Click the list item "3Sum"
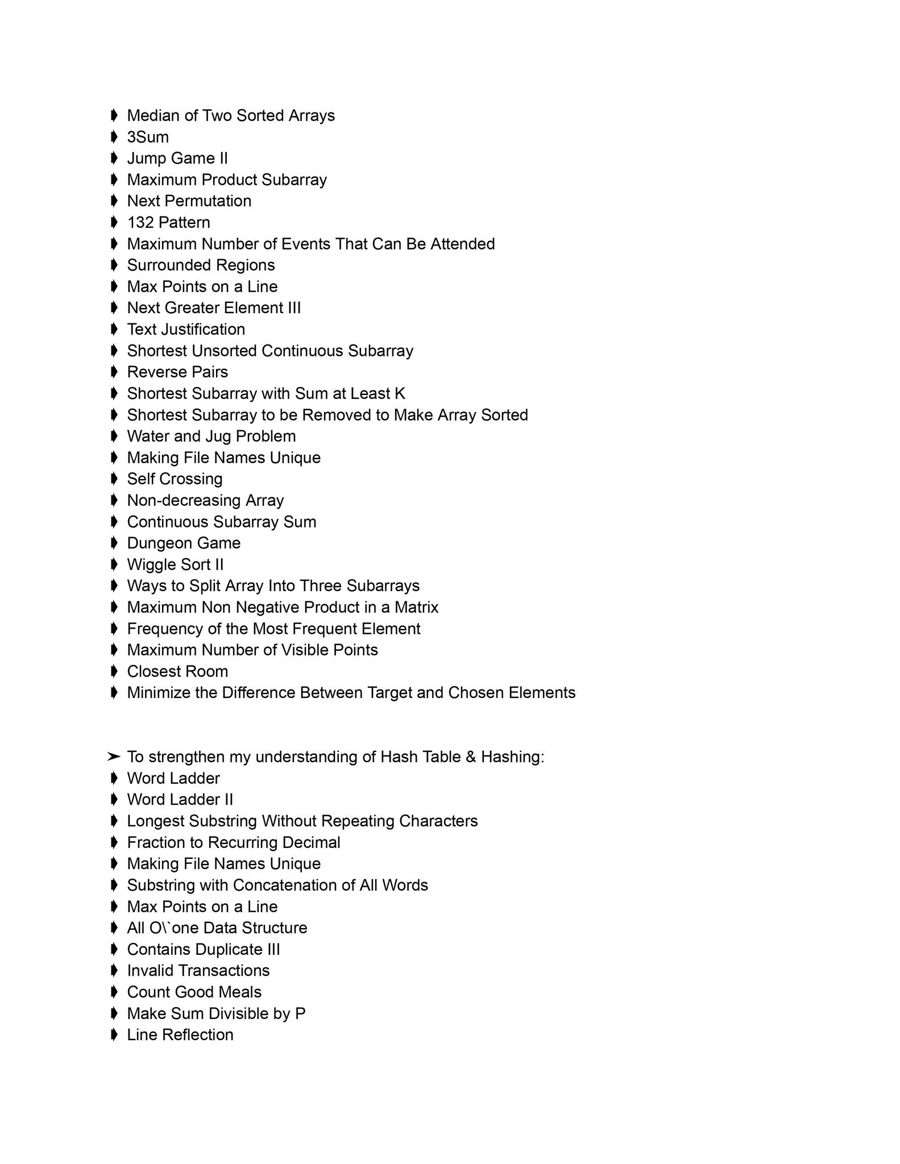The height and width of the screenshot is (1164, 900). pyautogui.click(x=148, y=137)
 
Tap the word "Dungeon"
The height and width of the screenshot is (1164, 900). pyautogui.click(x=160, y=543)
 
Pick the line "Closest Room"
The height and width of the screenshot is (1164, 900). pyautogui.click(x=177, y=671)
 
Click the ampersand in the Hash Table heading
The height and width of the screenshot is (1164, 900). pyautogui.click(x=471, y=757)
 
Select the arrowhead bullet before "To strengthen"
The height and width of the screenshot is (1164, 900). pyautogui.click(x=114, y=757)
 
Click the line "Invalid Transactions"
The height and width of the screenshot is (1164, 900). pyautogui.click(x=198, y=971)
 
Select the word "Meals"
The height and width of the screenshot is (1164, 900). pyautogui.click(x=239, y=992)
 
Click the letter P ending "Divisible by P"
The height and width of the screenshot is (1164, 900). pyautogui.click(x=300, y=1013)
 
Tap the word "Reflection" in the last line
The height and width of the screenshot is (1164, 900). pyautogui.click(x=197, y=1035)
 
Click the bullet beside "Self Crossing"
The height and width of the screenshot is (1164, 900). pyautogui.click(x=114, y=479)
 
